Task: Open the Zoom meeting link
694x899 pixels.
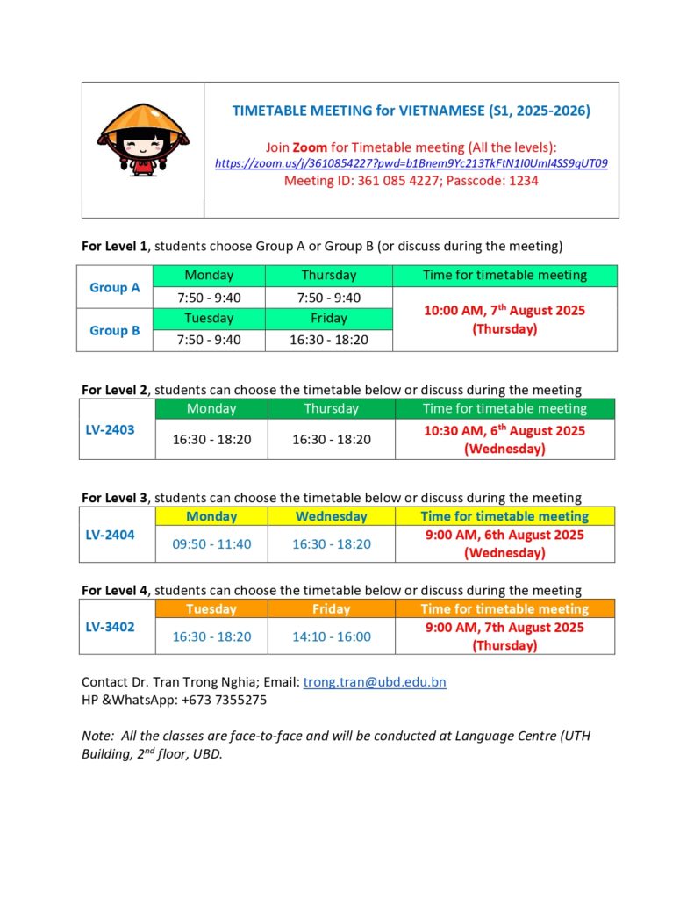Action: [x=411, y=163]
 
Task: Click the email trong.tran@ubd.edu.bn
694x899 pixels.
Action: [x=375, y=682]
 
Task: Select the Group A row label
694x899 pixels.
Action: [x=115, y=287]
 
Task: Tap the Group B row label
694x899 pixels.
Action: [x=115, y=330]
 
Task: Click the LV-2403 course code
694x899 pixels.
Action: [x=110, y=430]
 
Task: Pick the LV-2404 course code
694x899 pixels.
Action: [x=110, y=535]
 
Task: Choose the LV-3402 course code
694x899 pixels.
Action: [x=110, y=627]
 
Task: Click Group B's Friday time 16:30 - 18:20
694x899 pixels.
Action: [x=329, y=340]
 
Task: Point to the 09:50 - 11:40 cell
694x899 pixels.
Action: [x=211, y=544]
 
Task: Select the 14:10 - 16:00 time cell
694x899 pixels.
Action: [x=331, y=636]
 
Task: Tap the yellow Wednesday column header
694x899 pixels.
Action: [x=331, y=516]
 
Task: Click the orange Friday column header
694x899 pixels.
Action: [x=331, y=608]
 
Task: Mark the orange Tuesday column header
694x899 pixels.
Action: [x=211, y=608]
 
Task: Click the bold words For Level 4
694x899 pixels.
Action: [x=114, y=590]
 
